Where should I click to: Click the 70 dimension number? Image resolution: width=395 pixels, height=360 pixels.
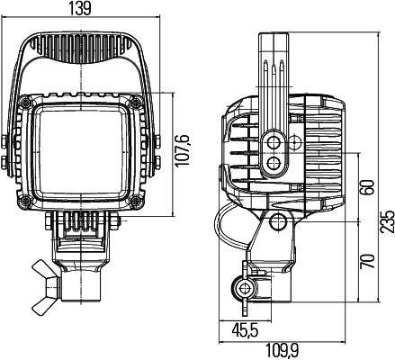click(x=364, y=262)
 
